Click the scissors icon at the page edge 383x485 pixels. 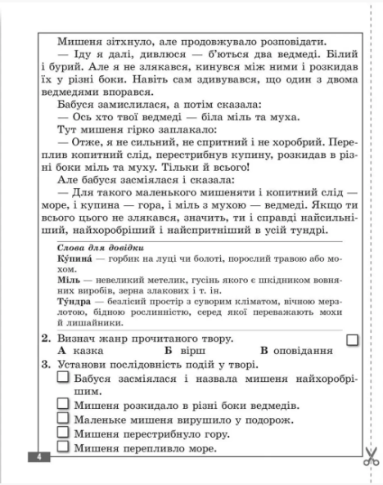pyautogui.click(x=371, y=455)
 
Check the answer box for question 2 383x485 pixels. pyautogui.click(x=353, y=339)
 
